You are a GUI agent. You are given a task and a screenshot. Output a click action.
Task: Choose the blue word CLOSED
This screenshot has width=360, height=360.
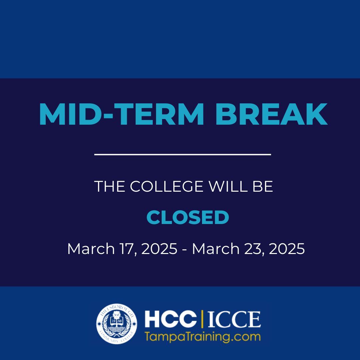(x=188, y=218)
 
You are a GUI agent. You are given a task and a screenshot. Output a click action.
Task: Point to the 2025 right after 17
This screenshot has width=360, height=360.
(x=159, y=249)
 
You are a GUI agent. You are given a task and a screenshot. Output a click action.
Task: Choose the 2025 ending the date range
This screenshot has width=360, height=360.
(x=287, y=249)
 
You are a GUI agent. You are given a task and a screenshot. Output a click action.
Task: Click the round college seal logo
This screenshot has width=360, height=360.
(x=116, y=324)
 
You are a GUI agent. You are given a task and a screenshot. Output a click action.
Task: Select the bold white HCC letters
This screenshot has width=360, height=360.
(x=170, y=320)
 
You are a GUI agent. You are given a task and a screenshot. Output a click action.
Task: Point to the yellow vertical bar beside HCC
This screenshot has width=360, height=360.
(x=202, y=320)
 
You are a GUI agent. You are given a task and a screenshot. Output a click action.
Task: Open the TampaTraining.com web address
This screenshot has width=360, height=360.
(x=202, y=336)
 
